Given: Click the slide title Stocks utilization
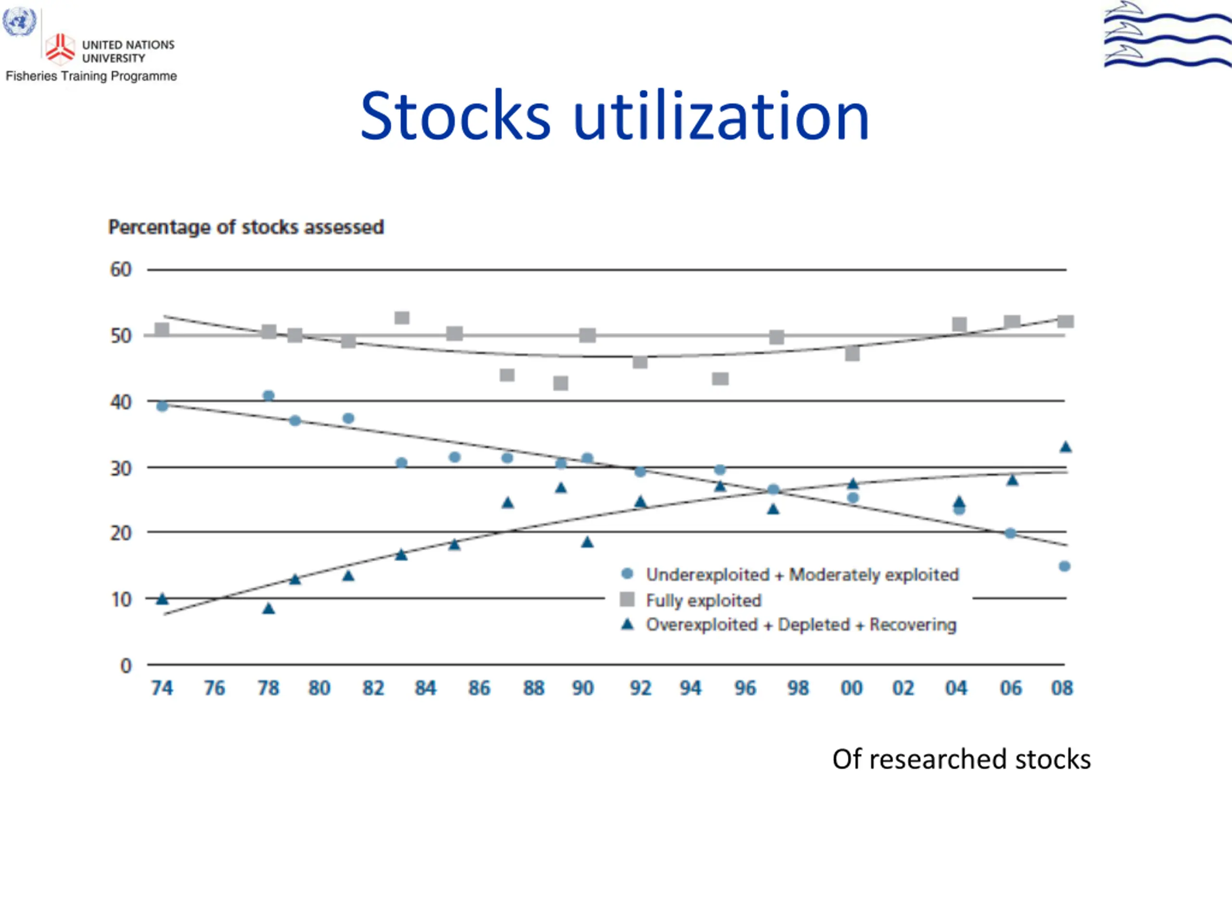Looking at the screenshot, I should point(615,116).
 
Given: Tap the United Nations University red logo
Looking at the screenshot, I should point(60,48).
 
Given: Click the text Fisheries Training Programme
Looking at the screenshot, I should point(91,77).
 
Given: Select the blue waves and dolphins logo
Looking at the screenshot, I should point(1167,35).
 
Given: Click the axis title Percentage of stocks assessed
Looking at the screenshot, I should point(245,227).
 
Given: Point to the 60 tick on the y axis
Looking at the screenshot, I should point(121,270).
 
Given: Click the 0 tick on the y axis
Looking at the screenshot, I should point(126,666).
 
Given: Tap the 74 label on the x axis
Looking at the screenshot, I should point(162,688).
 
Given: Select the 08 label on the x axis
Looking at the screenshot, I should point(1062,688).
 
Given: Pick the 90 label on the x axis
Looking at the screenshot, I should point(583,688).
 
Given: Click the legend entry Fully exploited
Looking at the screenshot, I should point(703,601).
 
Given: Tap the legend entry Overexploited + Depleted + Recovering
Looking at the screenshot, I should point(801,625).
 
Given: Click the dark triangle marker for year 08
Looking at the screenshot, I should point(1065,447).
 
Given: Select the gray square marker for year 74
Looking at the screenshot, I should point(162,330).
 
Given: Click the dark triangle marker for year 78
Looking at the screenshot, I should point(269,608).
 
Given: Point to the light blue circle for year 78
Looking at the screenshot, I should point(269,396).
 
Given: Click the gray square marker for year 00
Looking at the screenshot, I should point(852,354).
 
